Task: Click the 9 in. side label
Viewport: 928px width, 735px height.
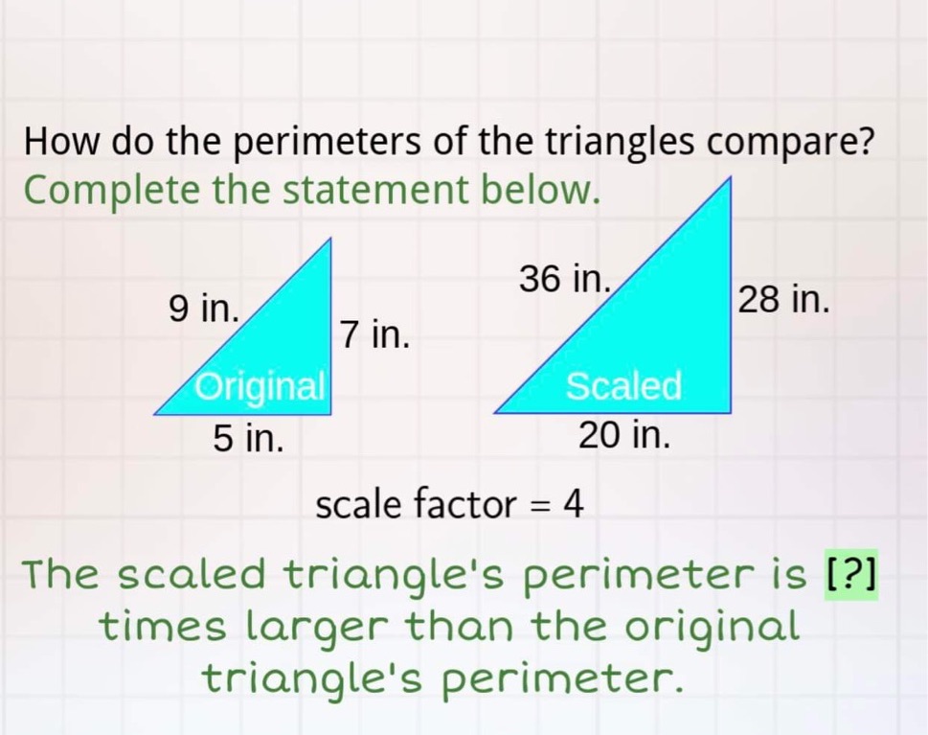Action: (203, 309)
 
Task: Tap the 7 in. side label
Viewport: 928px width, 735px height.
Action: (374, 334)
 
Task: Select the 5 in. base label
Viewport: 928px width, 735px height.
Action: (248, 439)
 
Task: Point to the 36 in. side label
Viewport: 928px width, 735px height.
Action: (564, 279)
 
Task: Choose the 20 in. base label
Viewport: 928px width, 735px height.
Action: (623, 436)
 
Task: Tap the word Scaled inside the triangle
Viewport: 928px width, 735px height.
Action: (623, 387)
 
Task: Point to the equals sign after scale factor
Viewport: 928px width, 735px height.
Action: (540, 504)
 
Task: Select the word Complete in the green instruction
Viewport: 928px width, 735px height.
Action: (112, 190)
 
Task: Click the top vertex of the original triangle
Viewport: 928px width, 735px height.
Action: (330, 241)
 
